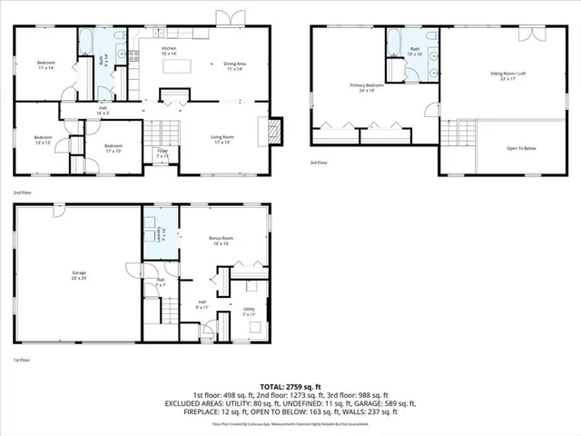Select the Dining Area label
coord(235,64)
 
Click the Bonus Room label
coord(222,239)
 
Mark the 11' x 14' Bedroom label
coord(46,64)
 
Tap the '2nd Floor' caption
coord(22,193)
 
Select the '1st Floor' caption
coord(22,361)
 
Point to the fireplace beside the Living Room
coord(276,132)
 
